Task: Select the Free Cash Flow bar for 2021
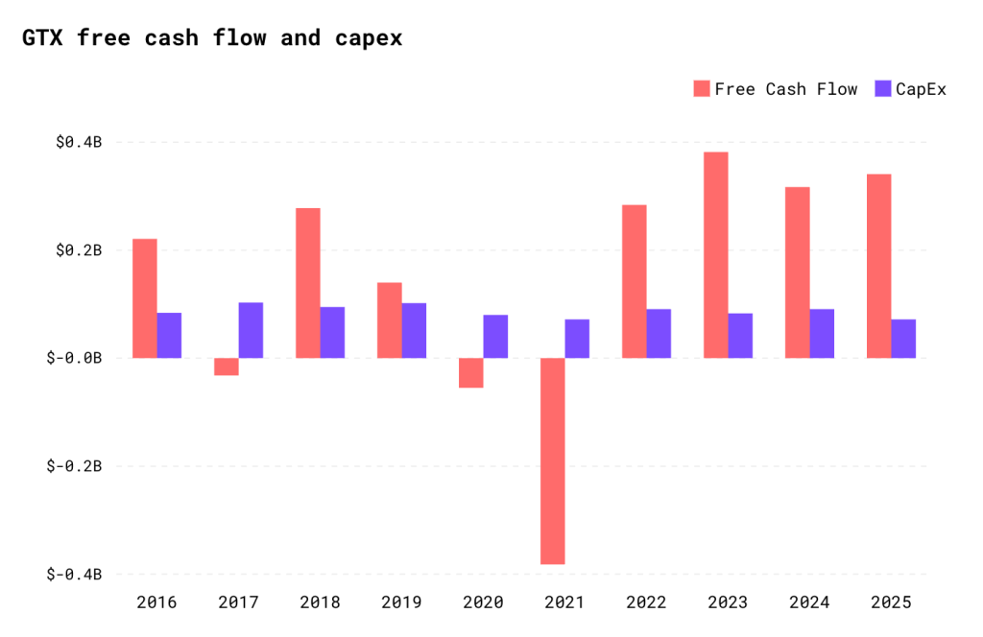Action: [x=552, y=460]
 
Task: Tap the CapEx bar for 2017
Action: [x=251, y=330]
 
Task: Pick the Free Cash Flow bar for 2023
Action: [x=715, y=254]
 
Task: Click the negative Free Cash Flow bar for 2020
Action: [x=470, y=372]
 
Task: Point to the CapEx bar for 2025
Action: [x=903, y=339]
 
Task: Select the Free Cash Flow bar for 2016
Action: [x=145, y=297]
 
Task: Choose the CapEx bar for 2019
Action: [x=414, y=330]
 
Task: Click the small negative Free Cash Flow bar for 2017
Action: [x=227, y=366]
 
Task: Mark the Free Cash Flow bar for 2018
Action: [x=308, y=283]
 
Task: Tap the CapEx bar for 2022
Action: [x=659, y=333]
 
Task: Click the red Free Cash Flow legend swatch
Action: [x=702, y=89]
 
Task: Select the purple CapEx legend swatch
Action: [x=882, y=89]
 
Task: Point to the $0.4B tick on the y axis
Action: [x=78, y=142]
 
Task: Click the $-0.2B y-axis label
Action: [x=75, y=466]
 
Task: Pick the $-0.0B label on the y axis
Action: [x=75, y=358]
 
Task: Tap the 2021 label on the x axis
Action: [x=564, y=603]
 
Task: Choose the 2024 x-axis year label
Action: [x=809, y=603]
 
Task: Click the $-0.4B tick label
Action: [x=75, y=574]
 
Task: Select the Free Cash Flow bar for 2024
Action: [x=797, y=272]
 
